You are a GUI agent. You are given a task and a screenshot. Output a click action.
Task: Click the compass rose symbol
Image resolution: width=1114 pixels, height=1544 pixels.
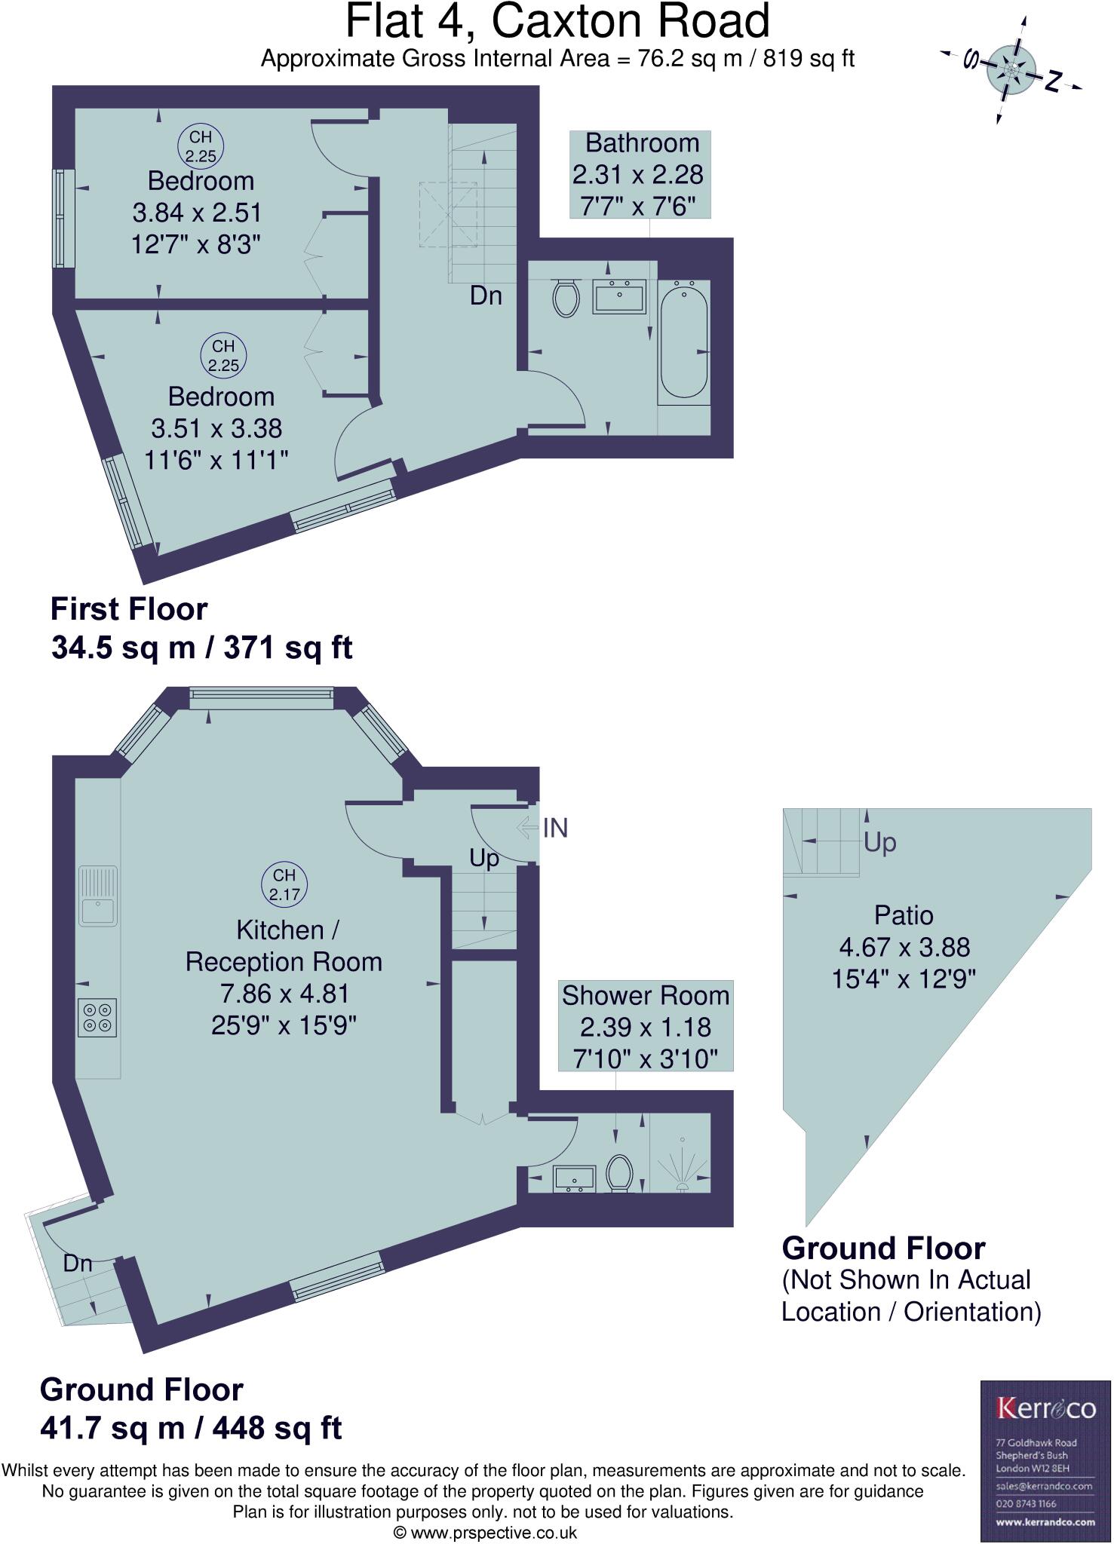(x=1010, y=70)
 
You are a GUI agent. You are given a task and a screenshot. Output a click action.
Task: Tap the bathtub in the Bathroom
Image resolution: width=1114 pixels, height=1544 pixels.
(x=684, y=341)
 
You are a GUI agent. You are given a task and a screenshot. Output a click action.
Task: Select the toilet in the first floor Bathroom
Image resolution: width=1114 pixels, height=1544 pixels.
(x=566, y=298)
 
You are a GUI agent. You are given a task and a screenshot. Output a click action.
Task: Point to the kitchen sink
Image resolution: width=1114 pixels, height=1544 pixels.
(x=99, y=896)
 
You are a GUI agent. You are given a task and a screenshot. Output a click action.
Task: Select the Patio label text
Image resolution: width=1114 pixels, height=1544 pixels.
(x=904, y=915)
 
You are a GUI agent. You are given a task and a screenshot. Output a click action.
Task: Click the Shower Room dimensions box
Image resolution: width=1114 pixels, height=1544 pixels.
(x=646, y=1026)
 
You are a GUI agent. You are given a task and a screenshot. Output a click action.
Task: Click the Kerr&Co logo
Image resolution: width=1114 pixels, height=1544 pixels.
(x=1045, y=1408)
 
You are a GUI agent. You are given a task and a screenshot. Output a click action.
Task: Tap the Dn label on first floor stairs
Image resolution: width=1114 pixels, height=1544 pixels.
(x=486, y=296)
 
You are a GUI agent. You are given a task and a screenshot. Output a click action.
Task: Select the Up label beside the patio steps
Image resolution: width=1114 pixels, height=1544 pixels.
(x=879, y=842)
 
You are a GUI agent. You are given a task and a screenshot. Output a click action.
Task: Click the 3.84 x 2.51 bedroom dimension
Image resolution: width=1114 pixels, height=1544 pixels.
(x=197, y=213)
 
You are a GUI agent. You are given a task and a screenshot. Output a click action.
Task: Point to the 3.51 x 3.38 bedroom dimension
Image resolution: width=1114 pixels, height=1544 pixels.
(x=216, y=429)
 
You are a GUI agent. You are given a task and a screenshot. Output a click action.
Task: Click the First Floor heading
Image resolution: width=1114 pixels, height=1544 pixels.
(x=128, y=609)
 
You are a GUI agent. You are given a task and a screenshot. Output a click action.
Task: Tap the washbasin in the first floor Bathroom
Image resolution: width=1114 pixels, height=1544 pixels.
(x=619, y=296)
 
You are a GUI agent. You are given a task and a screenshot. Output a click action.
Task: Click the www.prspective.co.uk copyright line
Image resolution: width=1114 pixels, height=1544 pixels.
(x=485, y=1533)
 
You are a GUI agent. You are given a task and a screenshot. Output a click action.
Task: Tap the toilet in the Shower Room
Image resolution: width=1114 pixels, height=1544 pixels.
(x=620, y=1173)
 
